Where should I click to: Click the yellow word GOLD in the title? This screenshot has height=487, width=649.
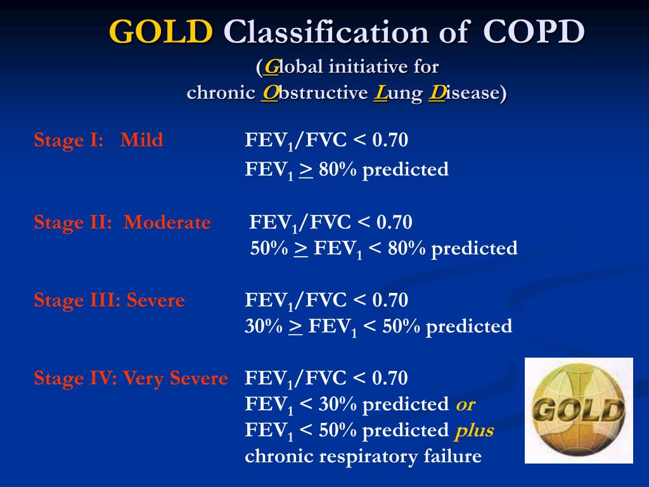[x=161, y=32]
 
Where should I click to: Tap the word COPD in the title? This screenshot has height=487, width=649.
[x=534, y=32]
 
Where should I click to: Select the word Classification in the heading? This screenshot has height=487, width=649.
[x=326, y=32]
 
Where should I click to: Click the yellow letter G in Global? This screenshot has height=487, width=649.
[x=271, y=67]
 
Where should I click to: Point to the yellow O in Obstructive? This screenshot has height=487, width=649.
[x=270, y=93]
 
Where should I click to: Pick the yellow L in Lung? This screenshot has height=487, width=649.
[x=380, y=93]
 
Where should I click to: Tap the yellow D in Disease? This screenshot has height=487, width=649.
[x=437, y=93]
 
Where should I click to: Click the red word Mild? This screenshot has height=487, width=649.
[x=141, y=140]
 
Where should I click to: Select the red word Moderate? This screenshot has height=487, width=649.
[x=167, y=223]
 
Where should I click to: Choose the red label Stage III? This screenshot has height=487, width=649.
[x=77, y=300]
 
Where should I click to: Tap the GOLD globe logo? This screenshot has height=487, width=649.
[x=579, y=410]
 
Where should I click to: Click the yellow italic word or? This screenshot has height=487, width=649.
[x=465, y=405]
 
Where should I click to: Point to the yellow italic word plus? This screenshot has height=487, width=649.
[x=474, y=431]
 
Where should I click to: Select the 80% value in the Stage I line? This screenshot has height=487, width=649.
[x=337, y=169]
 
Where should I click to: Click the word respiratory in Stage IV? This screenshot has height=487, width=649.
[x=368, y=457]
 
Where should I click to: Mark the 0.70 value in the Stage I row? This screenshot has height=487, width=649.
[x=390, y=140]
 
